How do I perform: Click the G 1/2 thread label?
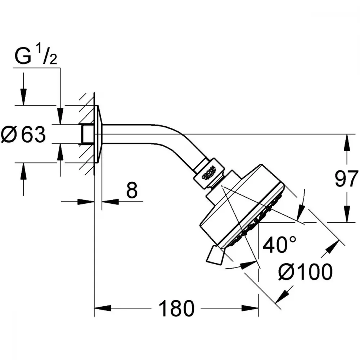[36, 55]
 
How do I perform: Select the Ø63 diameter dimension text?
[23, 135]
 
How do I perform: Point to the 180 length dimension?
[176, 309]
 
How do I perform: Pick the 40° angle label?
[279, 244]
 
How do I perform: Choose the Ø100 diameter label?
[305, 272]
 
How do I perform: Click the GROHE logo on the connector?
[209, 173]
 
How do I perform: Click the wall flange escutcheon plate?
[98, 134]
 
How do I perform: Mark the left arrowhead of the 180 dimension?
[103, 308]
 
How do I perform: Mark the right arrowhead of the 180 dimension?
[250, 308]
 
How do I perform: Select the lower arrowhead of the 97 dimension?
[347, 214]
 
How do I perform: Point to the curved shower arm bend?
[175, 142]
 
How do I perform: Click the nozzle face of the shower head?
[257, 220]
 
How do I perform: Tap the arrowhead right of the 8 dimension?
[110, 202]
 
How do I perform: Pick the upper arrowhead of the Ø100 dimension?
[330, 248]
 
